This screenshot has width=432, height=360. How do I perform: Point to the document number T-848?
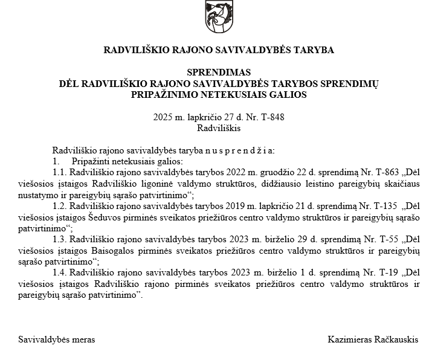pos(272,117)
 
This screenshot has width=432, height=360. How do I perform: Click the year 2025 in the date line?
pos(163,117)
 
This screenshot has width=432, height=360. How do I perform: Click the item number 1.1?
pos(59,172)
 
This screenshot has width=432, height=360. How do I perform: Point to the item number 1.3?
pos(59,239)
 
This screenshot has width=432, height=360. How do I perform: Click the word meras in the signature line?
pos(83,339)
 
